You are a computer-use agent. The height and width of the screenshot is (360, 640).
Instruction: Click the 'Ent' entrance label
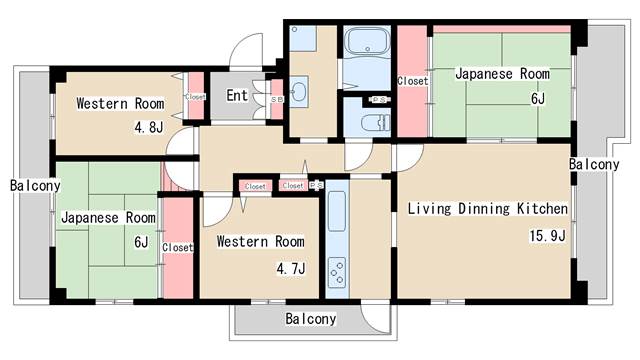237,96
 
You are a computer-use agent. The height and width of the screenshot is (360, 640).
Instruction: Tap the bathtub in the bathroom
369,44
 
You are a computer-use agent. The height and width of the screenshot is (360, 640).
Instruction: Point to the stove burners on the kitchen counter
338,271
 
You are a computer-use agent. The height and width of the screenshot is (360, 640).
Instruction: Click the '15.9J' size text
547,236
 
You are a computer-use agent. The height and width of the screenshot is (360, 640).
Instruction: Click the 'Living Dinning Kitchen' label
487,209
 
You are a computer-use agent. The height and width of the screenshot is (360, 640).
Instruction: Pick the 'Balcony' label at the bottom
310,319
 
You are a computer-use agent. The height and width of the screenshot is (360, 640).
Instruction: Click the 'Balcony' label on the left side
36,185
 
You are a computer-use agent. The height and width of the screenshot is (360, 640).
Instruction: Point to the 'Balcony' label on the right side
594,163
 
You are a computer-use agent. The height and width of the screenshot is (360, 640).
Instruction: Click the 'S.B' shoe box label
276,98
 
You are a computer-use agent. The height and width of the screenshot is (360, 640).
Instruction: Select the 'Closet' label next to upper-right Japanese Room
413,81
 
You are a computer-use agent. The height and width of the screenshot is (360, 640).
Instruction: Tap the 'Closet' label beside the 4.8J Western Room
195,97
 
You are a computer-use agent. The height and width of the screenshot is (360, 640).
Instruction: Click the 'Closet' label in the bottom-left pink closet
177,247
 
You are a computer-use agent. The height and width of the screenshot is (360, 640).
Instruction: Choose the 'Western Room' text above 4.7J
261,241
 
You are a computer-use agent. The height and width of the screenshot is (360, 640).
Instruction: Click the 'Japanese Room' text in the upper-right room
502,74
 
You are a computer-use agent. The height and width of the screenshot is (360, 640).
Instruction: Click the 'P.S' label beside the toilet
380,100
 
